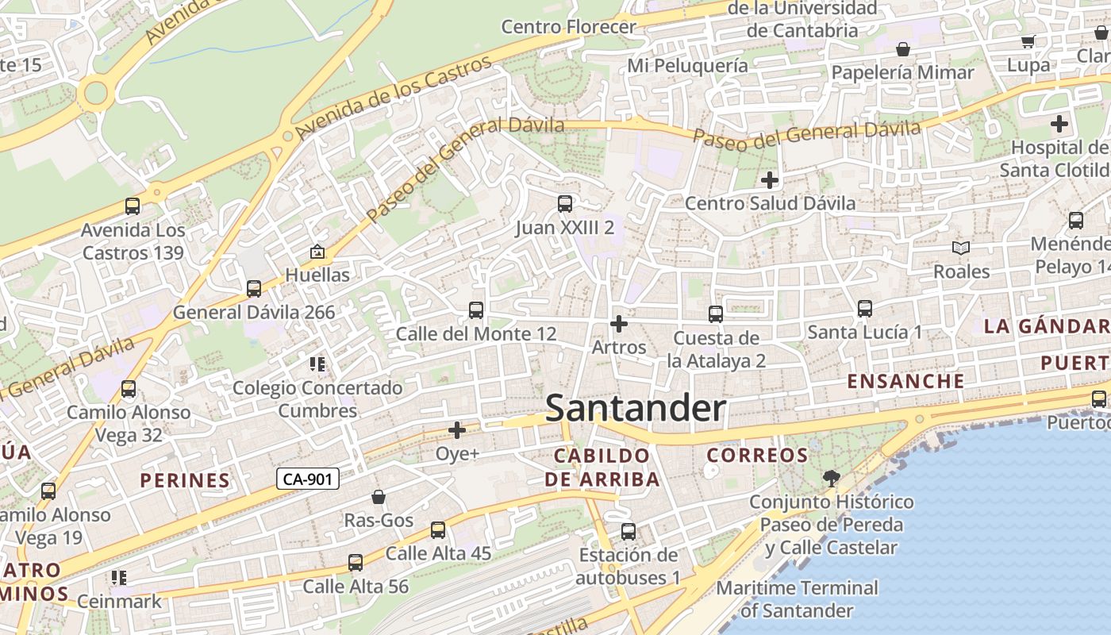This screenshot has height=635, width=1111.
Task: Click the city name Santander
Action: [636, 409]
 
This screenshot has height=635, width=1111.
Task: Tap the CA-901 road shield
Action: [308, 479]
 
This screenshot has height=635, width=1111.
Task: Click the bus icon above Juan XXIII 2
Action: [564, 204]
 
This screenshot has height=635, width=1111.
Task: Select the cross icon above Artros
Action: [619, 324]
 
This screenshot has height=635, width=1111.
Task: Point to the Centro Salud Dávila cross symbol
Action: [769, 180]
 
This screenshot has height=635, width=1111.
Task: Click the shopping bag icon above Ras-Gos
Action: [379, 497]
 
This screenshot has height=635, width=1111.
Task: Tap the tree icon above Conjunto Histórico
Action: [831, 478]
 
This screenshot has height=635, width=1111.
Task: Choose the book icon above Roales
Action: [961, 248]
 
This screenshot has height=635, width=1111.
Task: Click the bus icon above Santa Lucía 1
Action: [864, 308]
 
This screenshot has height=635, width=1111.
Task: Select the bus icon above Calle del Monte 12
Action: [476, 310]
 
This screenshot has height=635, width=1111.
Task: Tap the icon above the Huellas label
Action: [317, 252]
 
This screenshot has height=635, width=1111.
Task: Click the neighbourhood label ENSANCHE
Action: [905, 381]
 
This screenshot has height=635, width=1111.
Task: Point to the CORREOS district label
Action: [757, 456]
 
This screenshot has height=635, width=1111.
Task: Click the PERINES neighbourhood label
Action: [185, 480]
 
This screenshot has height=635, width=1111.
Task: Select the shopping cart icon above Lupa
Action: [1028, 41]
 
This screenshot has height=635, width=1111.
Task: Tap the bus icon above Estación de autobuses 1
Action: [629, 531]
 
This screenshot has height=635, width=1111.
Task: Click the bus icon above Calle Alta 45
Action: [438, 529]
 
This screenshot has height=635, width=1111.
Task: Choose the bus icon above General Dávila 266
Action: [254, 288]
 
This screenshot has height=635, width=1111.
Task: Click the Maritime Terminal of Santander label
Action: [797, 599]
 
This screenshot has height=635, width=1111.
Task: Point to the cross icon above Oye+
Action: [457, 430]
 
